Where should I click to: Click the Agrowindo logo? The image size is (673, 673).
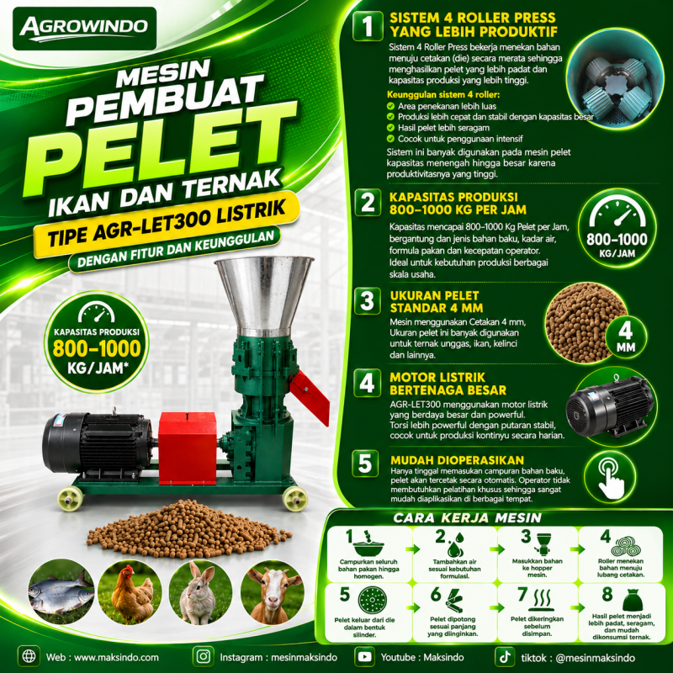click(85, 29)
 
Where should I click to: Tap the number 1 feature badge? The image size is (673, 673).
click(368, 26)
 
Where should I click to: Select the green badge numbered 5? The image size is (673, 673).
click(365, 464)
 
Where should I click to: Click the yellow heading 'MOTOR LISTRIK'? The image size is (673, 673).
click(437, 377)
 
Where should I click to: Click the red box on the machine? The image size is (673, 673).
click(187, 448)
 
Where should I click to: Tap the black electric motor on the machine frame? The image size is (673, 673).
click(98, 442)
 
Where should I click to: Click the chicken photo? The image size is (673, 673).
click(130, 592)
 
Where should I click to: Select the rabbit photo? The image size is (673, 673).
click(200, 592)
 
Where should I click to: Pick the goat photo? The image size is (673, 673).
click(272, 592)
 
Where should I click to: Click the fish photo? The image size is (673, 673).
click(61, 592)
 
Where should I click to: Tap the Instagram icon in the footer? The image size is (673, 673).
click(203, 657)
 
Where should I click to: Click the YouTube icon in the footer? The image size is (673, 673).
click(365, 657)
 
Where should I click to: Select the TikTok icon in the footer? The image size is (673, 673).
click(505, 657)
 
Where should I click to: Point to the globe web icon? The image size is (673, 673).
click(29, 657)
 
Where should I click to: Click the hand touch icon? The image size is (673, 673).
click(611, 476)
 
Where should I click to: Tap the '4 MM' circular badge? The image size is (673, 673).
click(626, 336)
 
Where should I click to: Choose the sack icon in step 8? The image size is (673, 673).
click(633, 600)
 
